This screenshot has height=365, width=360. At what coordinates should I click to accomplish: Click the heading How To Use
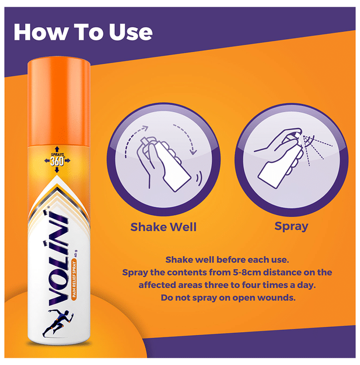(83, 32)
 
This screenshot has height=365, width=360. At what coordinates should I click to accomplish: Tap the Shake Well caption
(163, 227)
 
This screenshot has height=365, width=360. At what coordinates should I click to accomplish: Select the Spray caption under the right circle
(291, 226)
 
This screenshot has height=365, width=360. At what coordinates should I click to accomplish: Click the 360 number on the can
(57, 162)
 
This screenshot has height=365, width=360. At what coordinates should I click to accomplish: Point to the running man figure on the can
(58, 323)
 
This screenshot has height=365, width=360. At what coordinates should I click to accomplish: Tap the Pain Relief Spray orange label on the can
(74, 279)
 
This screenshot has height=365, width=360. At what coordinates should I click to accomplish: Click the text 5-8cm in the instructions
(247, 272)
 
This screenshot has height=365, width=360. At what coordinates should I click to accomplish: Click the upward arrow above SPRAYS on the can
(57, 149)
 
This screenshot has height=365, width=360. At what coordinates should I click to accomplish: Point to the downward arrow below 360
(57, 170)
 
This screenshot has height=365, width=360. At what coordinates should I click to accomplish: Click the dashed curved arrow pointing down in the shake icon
(186, 139)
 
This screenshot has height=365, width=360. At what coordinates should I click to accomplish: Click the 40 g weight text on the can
(75, 253)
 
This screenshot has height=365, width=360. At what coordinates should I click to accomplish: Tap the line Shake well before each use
(227, 260)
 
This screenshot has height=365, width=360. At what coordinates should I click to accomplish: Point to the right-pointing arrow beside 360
(67, 161)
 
